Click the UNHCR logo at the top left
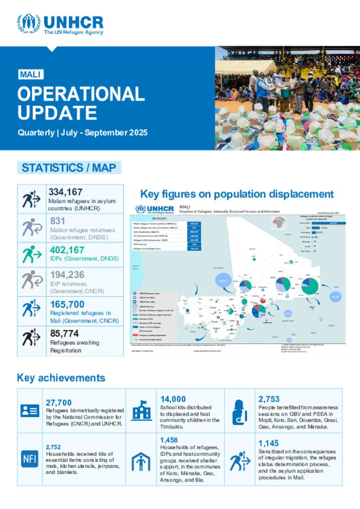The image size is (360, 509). coord(60,24)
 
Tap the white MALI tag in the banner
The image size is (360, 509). coord(31,75)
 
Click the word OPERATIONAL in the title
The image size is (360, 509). coord(81,94)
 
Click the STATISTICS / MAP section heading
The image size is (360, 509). coord(69,167)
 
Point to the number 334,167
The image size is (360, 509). coord(65,192)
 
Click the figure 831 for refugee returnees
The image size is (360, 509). coord(58,221)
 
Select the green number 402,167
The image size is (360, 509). coord(67,250)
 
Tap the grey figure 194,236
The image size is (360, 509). coord(67,275)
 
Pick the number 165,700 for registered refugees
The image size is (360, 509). coord(67,304)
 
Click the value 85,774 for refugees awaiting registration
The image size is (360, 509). coord(64,333)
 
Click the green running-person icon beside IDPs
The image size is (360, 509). coord(32,254)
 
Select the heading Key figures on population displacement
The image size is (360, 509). coord(237,194)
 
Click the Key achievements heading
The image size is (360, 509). coord(61,378)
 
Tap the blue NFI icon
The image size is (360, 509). coord(30,459)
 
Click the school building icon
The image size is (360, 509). coord(141,410)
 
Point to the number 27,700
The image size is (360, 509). coord(59,403)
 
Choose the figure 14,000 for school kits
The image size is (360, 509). coord(173,399)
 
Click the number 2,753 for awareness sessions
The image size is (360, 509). coord(269,399)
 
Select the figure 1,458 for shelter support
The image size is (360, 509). coord(169,440)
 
